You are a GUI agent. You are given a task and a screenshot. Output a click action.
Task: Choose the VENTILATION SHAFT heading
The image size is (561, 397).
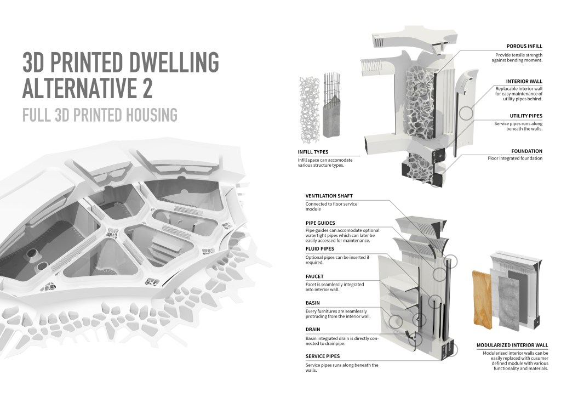pos(329,196)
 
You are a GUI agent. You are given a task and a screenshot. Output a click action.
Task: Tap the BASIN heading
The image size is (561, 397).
pos(313,303)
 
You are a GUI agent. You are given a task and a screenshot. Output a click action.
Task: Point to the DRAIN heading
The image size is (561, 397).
pos(313,330)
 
